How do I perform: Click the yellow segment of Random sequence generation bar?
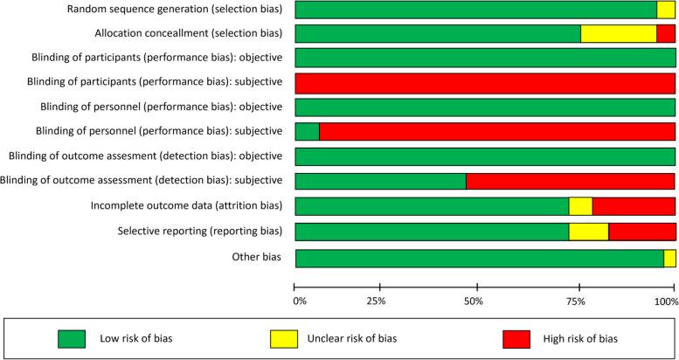click(x=666, y=10)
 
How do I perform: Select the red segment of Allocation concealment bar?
click(x=666, y=34)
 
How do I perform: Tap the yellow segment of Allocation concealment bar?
click(x=619, y=34)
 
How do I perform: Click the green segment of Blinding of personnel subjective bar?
click(x=308, y=132)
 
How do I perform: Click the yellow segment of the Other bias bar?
click(x=669, y=259)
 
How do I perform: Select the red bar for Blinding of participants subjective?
click(x=485, y=83)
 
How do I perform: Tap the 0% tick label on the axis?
click(x=299, y=301)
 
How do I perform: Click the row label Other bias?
click(x=258, y=258)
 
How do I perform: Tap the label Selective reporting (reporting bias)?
click(x=200, y=232)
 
